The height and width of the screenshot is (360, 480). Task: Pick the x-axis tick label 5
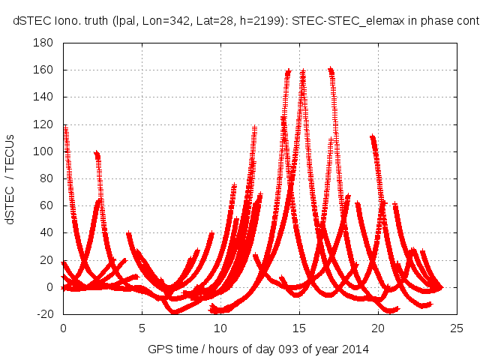[142, 328]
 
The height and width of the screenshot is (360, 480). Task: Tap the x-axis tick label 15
[299, 328]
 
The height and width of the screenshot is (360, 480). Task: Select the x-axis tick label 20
[378, 328]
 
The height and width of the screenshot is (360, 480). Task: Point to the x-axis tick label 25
[457, 328]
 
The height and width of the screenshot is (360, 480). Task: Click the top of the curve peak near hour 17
[331, 70]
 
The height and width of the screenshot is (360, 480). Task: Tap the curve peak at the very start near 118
[65, 127]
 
